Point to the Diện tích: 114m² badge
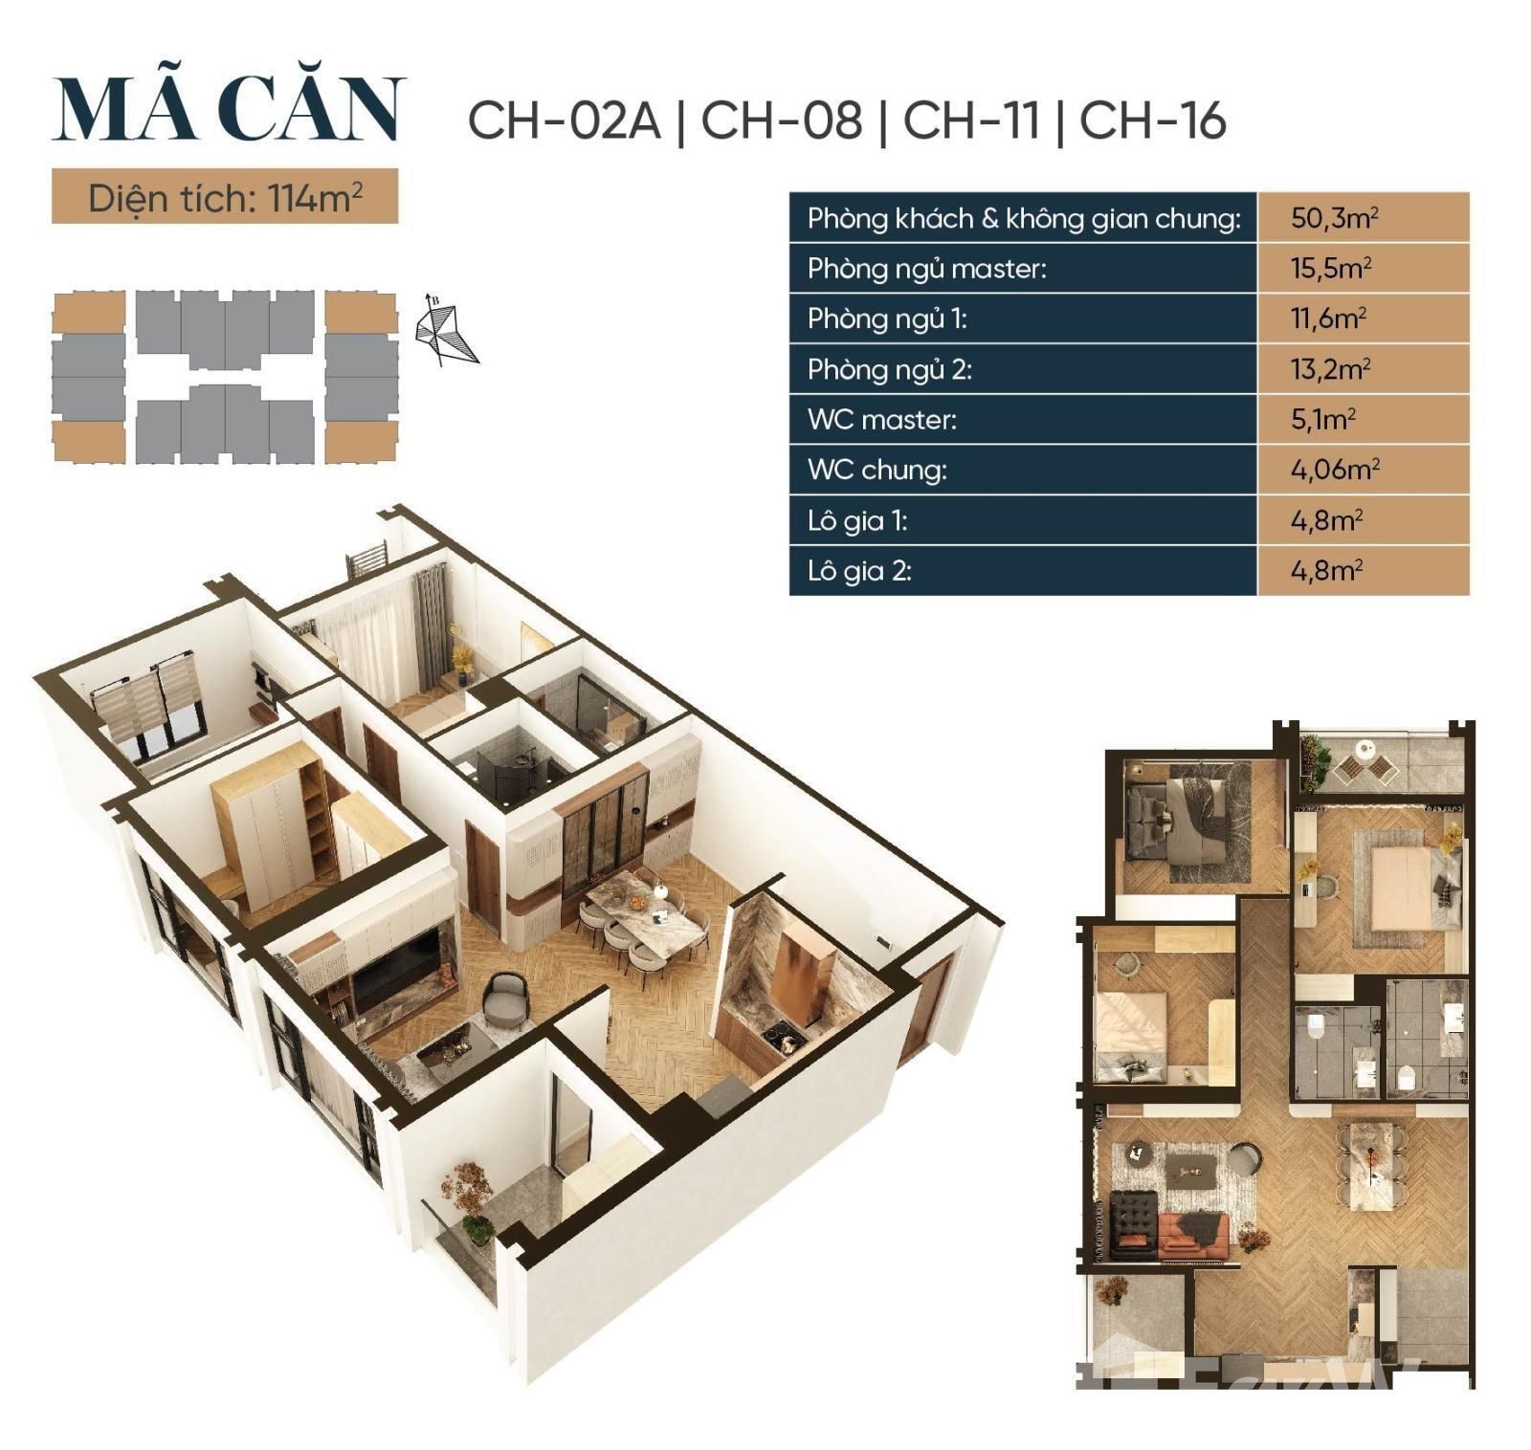(x=225, y=197)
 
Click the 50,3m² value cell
(x=1364, y=217)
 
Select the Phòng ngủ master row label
(x=926, y=269)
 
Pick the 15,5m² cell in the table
(x=1364, y=268)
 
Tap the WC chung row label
(x=876, y=470)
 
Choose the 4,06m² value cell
(x=1364, y=470)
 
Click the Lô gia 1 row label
(x=856, y=520)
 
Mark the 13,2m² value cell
(x=1364, y=368)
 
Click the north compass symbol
(x=445, y=330)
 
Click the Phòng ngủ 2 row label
(x=889, y=369)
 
